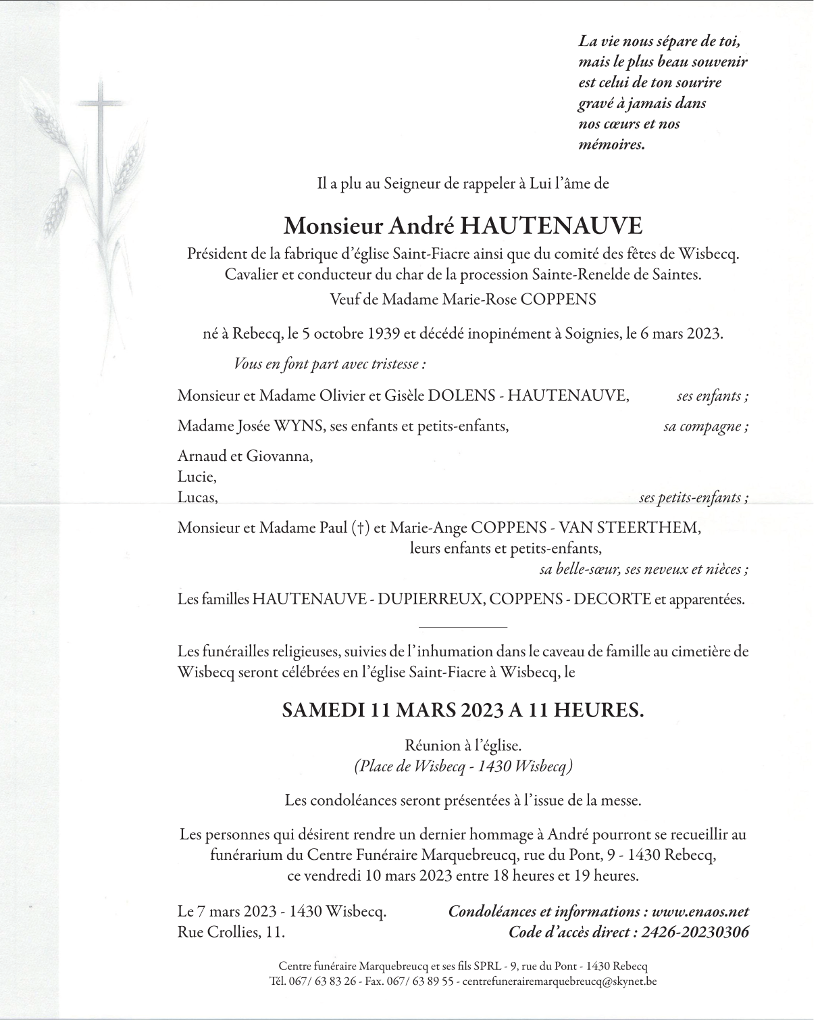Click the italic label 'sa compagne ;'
pyautogui.click(x=706, y=427)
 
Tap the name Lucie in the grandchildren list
pyautogui.click(x=197, y=477)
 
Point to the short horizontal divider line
pyautogui.click(x=463, y=627)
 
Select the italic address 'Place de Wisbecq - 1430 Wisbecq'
pyautogui.click(x=463, y=767)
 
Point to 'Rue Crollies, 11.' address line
pyautogui.click(x=231, y=932)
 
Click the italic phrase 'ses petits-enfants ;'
pyautogui.click(x=693, y=498)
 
